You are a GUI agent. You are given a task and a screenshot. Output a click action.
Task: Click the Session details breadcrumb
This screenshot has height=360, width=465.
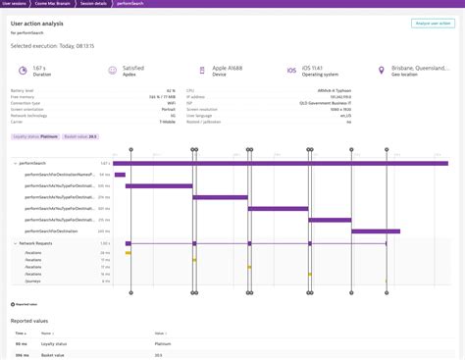pyautogui.click(x=92, y=4)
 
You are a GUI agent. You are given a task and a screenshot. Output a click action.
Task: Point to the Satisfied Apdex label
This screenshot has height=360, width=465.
pyautogui.click(x=133, y=68)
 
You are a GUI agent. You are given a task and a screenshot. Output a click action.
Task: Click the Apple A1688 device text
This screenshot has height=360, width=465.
pyautogui.click(x=227, y=68)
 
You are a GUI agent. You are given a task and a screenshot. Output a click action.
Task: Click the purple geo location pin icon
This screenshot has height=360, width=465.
pyautogui.click(x=382, y=71)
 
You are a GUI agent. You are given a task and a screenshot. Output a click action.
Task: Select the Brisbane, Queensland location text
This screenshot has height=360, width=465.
pyautogui.click(x=423, y=68)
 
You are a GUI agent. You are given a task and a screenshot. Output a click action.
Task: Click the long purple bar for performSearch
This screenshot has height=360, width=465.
pyautogui.click(x=281, y=163)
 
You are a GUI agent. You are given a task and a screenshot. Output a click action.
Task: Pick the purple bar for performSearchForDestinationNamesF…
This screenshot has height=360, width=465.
pyautogui.click(x=120, y=175)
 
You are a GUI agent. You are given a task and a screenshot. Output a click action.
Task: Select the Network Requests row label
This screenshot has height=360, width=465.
pyautogui.click(x=37, y=242)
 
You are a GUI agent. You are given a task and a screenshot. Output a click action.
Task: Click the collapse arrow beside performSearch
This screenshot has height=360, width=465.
pyautogui.click(x=15, y=163)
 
